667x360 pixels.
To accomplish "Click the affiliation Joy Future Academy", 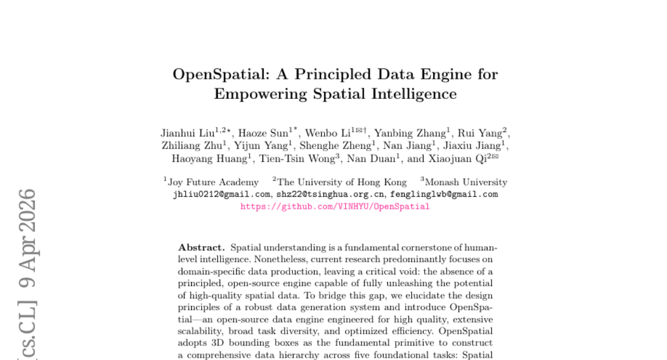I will tap(213, 182).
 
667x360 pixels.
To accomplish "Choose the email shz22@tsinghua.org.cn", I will tap(330, 194).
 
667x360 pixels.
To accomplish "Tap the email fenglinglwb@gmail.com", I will tap(444, 194).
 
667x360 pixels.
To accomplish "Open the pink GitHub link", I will tap(335, 207).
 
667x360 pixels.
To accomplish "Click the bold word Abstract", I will tap(201, 247).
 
